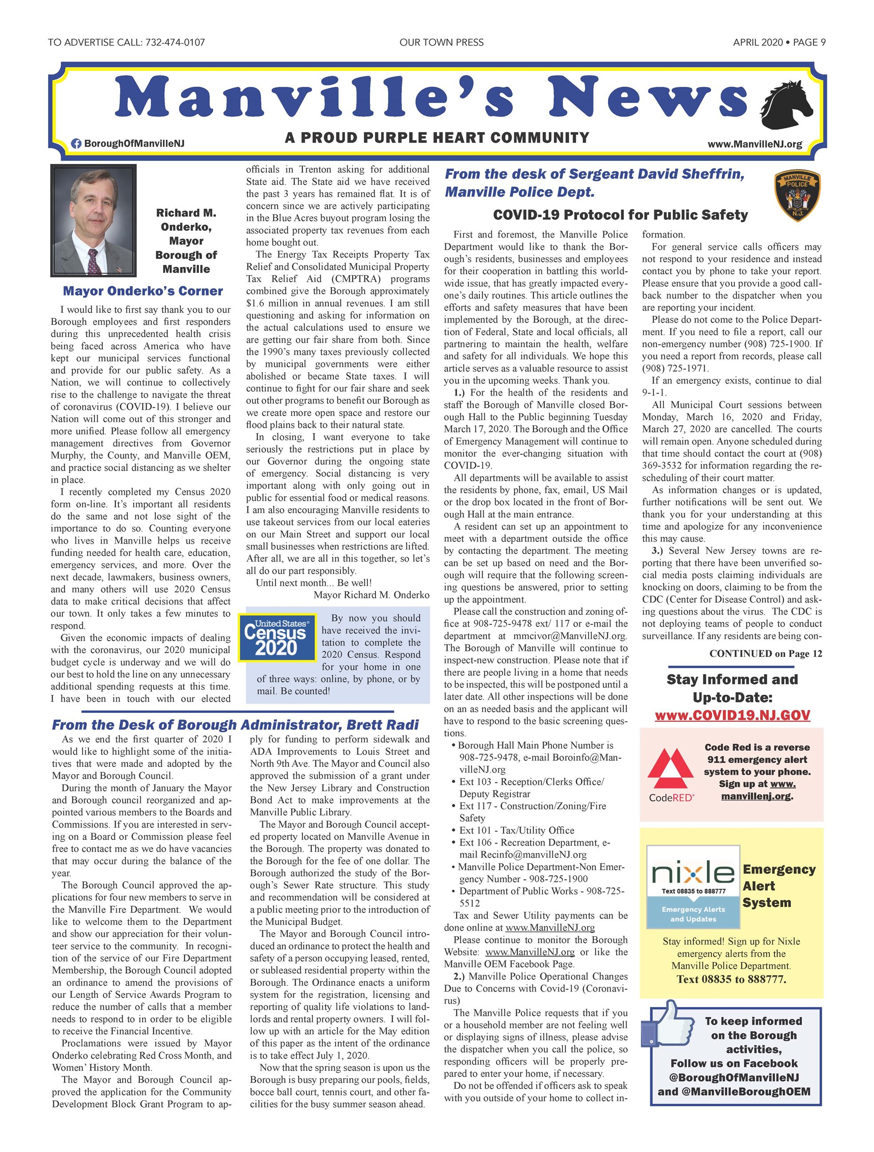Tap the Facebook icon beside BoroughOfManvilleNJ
tap(76, 143)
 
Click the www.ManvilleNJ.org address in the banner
tap(754, 144)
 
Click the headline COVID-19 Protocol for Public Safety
tap(620, 214)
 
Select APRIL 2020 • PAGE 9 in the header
tap(779, 42)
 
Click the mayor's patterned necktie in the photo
tap(94, 261)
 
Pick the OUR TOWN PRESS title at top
tap(441, 42)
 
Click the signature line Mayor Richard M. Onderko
tap(371, 595)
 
